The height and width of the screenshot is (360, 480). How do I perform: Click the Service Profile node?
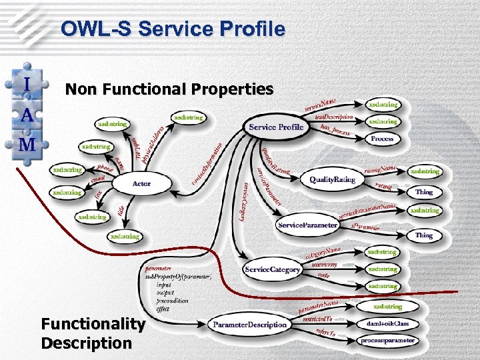276,127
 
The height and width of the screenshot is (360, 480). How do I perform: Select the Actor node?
141,183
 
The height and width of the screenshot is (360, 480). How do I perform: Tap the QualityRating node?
332,180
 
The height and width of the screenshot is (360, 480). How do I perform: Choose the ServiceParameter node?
307,225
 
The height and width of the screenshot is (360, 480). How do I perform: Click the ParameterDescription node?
250,325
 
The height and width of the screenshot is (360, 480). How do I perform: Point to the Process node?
382,139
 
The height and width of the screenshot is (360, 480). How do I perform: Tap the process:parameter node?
387,341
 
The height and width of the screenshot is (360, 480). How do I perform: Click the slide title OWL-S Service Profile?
172,29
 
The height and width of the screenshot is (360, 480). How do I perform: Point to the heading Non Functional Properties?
169,89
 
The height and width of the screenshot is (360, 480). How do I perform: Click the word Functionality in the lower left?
93,325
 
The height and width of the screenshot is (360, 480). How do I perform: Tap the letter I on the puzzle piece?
27,85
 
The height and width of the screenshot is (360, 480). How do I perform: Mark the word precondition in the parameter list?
173,301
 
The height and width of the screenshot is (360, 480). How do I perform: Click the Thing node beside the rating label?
424,192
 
